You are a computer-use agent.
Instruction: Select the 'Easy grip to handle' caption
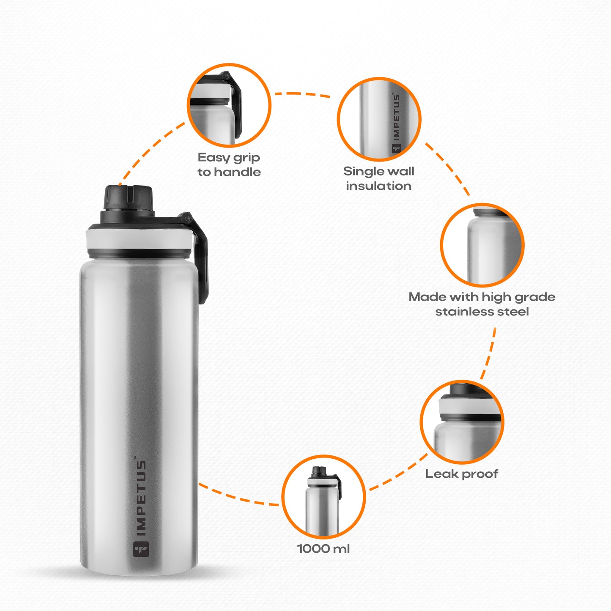coord(229,164)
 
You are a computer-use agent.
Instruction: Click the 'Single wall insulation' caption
coord(379,178)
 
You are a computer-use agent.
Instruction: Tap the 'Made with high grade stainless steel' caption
coord(482,304)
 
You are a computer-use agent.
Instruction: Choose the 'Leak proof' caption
coord(462,474)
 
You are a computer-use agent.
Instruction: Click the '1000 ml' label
coord(323,548)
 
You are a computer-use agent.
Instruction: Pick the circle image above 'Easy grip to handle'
coord(229,105)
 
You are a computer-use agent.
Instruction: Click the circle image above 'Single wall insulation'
coord(379,119)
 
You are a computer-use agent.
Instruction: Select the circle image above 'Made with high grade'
coord(482,245)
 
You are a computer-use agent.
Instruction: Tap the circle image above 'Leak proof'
coord(462,422)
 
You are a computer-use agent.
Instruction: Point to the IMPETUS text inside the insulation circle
coord(396,117)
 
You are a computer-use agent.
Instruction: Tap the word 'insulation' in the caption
coord(379,186)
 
